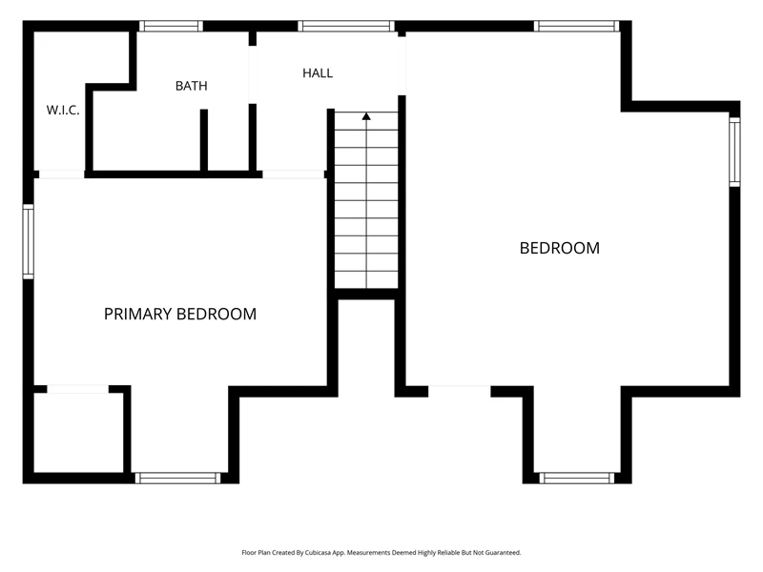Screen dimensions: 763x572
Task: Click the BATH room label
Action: (192, 86)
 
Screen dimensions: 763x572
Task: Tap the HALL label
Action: (318, 73)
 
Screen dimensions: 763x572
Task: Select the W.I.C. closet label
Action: (63, 110)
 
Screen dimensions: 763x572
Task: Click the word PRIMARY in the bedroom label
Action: (138, 315)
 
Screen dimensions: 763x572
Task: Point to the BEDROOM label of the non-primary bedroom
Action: (560, 248)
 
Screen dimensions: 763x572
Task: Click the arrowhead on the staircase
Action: (366, 116)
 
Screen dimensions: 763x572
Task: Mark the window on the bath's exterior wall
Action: (171, 26)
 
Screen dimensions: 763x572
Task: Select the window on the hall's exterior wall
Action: (346, 26)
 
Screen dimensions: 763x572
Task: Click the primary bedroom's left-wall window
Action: (29, 242)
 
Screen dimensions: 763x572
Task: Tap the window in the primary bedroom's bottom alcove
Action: (177, 479)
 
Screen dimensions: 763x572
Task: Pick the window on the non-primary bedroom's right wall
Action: (734, 152)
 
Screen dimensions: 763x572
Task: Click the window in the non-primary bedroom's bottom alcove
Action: (577, 479)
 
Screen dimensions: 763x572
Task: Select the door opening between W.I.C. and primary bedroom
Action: (61, 174)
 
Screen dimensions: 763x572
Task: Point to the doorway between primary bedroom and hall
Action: (294, 174)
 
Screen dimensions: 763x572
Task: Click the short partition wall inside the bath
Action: (204, 140)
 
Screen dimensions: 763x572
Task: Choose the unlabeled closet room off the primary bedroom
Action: (78, 433)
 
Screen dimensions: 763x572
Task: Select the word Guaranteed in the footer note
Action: (505, 553)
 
